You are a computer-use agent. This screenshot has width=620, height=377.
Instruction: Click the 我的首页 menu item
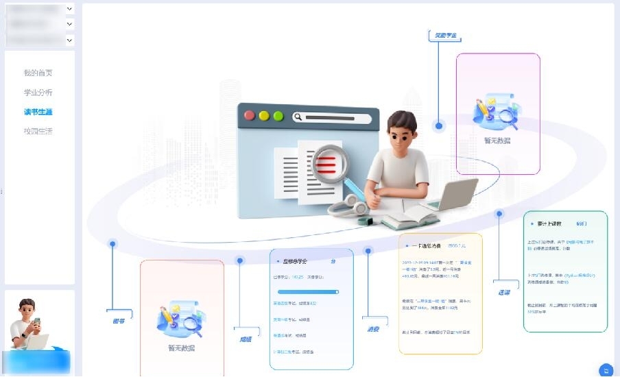pyautogui.click(x=38, y=73)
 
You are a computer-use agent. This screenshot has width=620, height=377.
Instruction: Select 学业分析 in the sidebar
pyautogui.click(x=38, y=93)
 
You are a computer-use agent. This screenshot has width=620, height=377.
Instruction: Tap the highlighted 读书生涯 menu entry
pyautogui.click(x=38, y=112)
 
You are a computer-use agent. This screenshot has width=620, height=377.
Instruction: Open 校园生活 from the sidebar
pyautogui.click(x=38, y=131)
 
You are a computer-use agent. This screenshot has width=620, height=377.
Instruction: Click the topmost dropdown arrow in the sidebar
pyautogui.click(x=70, y=9)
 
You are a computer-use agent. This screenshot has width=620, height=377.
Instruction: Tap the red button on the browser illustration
pyautogui.click(x=250, y=116)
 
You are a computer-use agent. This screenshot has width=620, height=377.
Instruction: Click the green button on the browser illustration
pyautogui.click(x=278, y=116)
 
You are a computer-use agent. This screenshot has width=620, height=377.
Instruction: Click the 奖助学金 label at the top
pyautogui.click(x=446, y=35)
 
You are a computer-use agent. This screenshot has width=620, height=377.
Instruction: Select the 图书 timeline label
pyautogui.click(x=119, y=320)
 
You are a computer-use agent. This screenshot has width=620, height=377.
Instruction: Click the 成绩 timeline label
pyautogui.click(x=246, y=339)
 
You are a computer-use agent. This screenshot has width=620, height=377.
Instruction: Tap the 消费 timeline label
pyautogui.click(x=373, y=329)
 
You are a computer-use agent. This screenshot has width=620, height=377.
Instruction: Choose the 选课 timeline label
pyautogui.click(x=504, y=292)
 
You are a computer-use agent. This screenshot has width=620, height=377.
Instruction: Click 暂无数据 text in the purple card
pyautogui.click(x=497, y=141)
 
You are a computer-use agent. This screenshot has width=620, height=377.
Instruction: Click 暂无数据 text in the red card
pyautogui.click(x=181, y=348)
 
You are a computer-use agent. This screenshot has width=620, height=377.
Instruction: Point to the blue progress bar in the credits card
pyautogui.click(x=308, y=291)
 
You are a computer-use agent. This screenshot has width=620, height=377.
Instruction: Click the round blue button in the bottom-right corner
pyautogui.click(x=606, y=370)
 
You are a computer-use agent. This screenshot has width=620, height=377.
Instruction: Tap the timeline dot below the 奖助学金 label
pyautogui.click(x=440, y=125)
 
